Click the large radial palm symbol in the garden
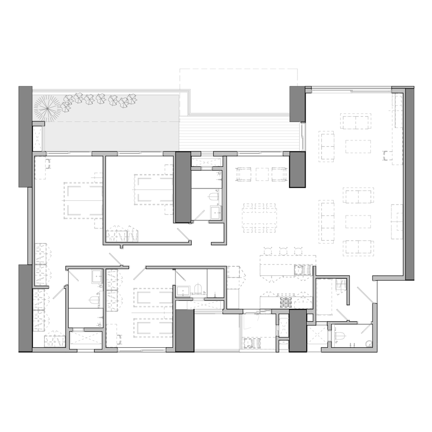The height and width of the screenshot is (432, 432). coord(45,109)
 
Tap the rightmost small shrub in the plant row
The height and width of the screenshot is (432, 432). coord(129,101)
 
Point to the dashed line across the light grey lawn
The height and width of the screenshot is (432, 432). coord(108,122)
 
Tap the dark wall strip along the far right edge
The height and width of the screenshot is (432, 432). coord(409,184)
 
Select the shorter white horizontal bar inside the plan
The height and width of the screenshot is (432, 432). coord(197,295)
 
